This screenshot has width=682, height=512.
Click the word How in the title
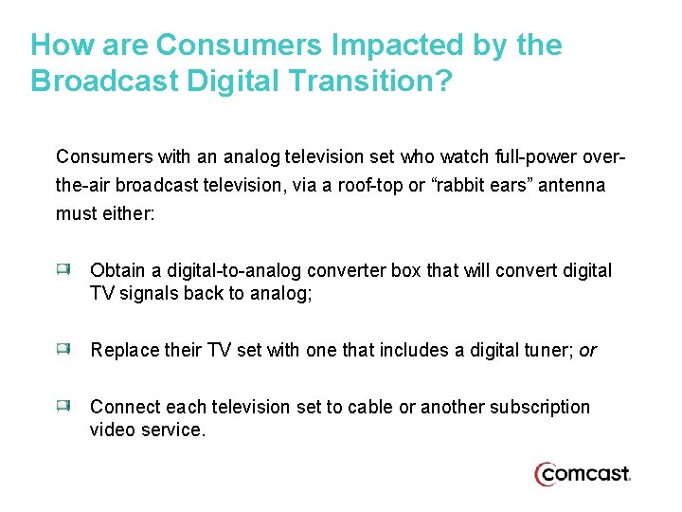click(x=62, y=45)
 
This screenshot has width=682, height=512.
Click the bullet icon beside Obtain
click(x=63, y=270)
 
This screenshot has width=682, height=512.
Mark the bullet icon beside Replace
click(x=63, y=350)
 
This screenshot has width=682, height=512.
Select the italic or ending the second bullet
click(x=588, y=350)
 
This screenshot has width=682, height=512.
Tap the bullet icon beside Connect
click(x=63, y=407)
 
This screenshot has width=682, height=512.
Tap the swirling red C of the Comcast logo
click(x=546, y=474)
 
